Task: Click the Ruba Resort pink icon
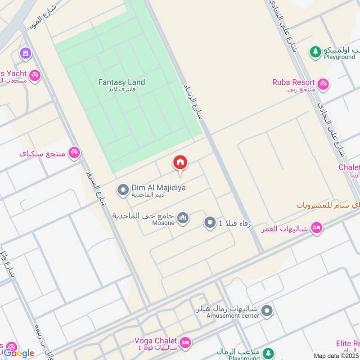point(323,84)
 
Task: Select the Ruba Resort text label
point(292,82)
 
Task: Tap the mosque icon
point(182,219)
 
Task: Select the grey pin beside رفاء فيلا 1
point(210,222)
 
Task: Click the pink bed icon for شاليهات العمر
point(316,228)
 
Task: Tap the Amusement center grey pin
point(267,310)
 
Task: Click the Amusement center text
point(233,316)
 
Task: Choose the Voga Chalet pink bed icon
point(185,343)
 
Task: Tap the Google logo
point(19,353)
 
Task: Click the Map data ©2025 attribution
point(336,355)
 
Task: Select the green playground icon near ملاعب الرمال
point(269,353)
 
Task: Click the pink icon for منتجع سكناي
point(74,153)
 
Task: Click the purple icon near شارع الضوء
point(26,54)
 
